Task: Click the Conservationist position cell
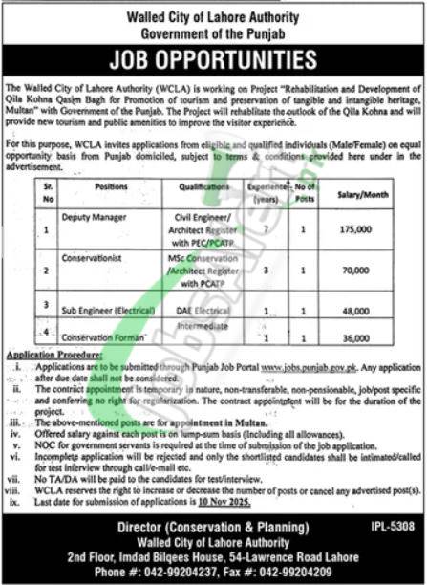101,255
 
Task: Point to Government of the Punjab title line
213,31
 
